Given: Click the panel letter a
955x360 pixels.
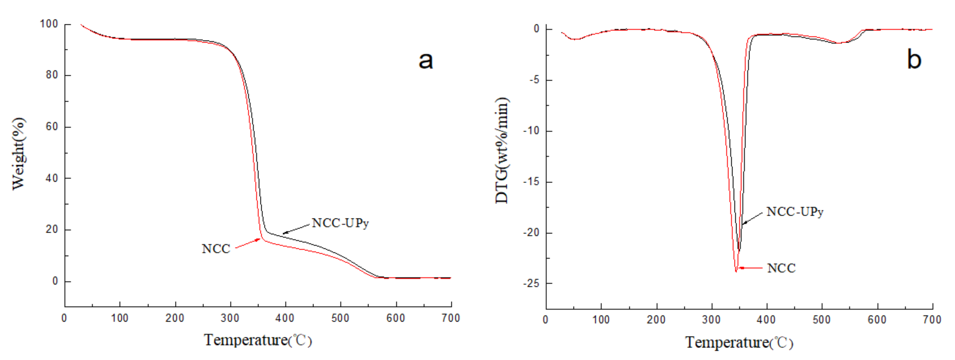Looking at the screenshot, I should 426,61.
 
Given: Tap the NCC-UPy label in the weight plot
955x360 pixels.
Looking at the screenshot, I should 340,223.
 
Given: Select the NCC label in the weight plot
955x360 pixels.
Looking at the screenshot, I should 216,248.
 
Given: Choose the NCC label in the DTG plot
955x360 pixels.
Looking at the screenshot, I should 781,268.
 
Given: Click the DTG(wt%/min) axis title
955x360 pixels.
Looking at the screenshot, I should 502,150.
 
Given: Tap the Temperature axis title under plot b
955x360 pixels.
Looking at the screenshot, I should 739,342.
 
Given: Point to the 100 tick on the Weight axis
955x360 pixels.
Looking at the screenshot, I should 49,24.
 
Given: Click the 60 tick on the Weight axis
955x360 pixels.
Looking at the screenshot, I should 52,127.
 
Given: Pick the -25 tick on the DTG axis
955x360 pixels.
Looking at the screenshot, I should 531,284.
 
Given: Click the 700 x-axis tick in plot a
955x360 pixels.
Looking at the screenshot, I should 450,318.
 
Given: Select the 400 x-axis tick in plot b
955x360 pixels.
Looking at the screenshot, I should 766,320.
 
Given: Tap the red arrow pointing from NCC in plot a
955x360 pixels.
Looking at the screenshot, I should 248,243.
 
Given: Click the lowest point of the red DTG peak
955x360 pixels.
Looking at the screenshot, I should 736,272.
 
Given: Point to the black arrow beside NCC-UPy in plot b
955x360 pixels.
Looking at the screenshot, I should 753,218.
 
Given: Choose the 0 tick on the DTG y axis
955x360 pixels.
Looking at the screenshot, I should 536,29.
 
